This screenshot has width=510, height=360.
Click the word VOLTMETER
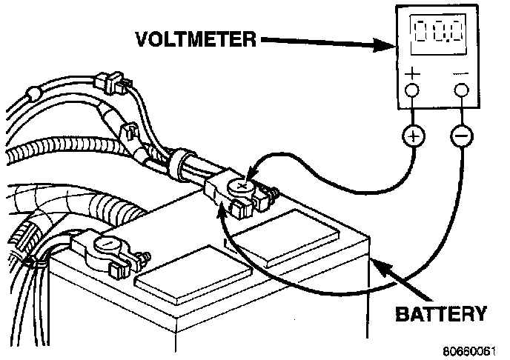196,40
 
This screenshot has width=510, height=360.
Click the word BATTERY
441,314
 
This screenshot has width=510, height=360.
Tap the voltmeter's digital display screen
438,33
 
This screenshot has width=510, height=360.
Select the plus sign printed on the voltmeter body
412,73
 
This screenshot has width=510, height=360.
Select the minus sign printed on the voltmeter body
461,74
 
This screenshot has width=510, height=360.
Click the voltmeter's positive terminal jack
411,90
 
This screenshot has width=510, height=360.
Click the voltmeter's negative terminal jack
462,90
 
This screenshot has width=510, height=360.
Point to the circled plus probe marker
414,136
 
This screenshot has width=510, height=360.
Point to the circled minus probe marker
462,136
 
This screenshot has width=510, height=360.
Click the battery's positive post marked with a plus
242,187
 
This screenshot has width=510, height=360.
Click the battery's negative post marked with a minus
107,244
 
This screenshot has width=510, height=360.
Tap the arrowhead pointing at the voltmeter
385,45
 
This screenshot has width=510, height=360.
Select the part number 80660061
469,351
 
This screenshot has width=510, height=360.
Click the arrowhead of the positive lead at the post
252,172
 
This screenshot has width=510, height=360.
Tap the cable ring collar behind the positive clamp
179,164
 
